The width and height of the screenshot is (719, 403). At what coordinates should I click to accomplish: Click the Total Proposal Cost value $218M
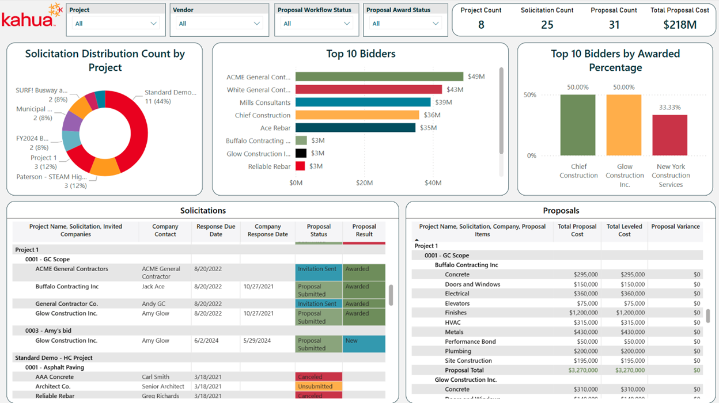click(679, 25)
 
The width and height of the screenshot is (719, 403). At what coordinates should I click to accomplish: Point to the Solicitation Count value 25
click(547, 25)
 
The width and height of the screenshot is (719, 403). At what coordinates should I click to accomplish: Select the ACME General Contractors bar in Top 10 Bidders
click(379, 77)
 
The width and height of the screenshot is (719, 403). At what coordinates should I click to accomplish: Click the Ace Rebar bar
click(355, 128)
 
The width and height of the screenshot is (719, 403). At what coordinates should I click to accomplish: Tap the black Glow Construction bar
click(301, 153)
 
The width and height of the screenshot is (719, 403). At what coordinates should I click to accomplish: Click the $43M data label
click(455, 90)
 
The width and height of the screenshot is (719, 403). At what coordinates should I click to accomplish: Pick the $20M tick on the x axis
click(364, 183)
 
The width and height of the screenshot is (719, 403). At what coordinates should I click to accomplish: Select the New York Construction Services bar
click(669, 135)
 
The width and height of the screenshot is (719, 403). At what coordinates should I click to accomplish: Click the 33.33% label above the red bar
click(670, 108)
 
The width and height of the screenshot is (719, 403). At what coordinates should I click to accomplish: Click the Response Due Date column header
click(215, 230)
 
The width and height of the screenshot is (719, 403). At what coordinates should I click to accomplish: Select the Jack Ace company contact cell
click(153, 287)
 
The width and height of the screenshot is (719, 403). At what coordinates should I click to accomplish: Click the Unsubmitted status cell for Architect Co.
click(319, 386)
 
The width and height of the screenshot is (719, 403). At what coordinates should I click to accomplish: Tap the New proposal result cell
click(364, 344)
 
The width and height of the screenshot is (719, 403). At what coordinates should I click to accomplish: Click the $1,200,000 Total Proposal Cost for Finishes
click(578, 313)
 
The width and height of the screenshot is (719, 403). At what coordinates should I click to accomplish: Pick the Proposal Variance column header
click(675, 227)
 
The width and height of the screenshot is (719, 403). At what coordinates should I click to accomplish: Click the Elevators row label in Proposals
click(457, 303)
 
